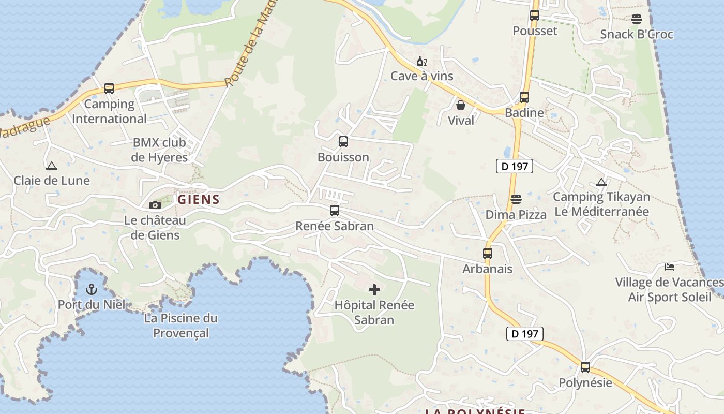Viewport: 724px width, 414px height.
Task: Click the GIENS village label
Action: [199, 199]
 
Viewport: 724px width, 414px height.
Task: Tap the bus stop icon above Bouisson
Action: [343, 142]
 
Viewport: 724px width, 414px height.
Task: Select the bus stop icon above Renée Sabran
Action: [335, 211]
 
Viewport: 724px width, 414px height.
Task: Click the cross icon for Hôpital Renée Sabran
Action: [374, 290]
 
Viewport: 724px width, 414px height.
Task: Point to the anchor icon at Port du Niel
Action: [92, 289]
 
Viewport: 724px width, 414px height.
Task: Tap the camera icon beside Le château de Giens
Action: [155, 205]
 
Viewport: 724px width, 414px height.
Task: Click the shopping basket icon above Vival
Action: [461, 105]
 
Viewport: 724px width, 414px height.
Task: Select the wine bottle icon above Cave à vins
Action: [422, 62]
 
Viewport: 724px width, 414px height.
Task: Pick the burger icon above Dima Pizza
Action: [516, 199]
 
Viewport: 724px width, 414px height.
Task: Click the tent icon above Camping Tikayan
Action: [601, 182]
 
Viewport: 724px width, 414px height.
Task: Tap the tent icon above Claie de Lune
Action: [51, 166]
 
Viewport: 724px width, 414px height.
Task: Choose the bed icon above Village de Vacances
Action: [670, 267]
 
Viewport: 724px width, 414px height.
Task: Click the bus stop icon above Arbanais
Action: [488, 254]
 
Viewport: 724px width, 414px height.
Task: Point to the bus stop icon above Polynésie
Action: [585, 367]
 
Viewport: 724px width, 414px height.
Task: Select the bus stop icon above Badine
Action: [524, 97]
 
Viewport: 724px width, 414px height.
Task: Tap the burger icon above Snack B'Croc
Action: [637, 19]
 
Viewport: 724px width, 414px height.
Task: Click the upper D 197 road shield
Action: [514, 167]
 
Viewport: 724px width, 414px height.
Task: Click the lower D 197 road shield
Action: [525, 334]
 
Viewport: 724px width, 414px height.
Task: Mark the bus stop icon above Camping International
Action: [109, 88]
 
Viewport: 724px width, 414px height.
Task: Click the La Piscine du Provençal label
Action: [181, 326]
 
